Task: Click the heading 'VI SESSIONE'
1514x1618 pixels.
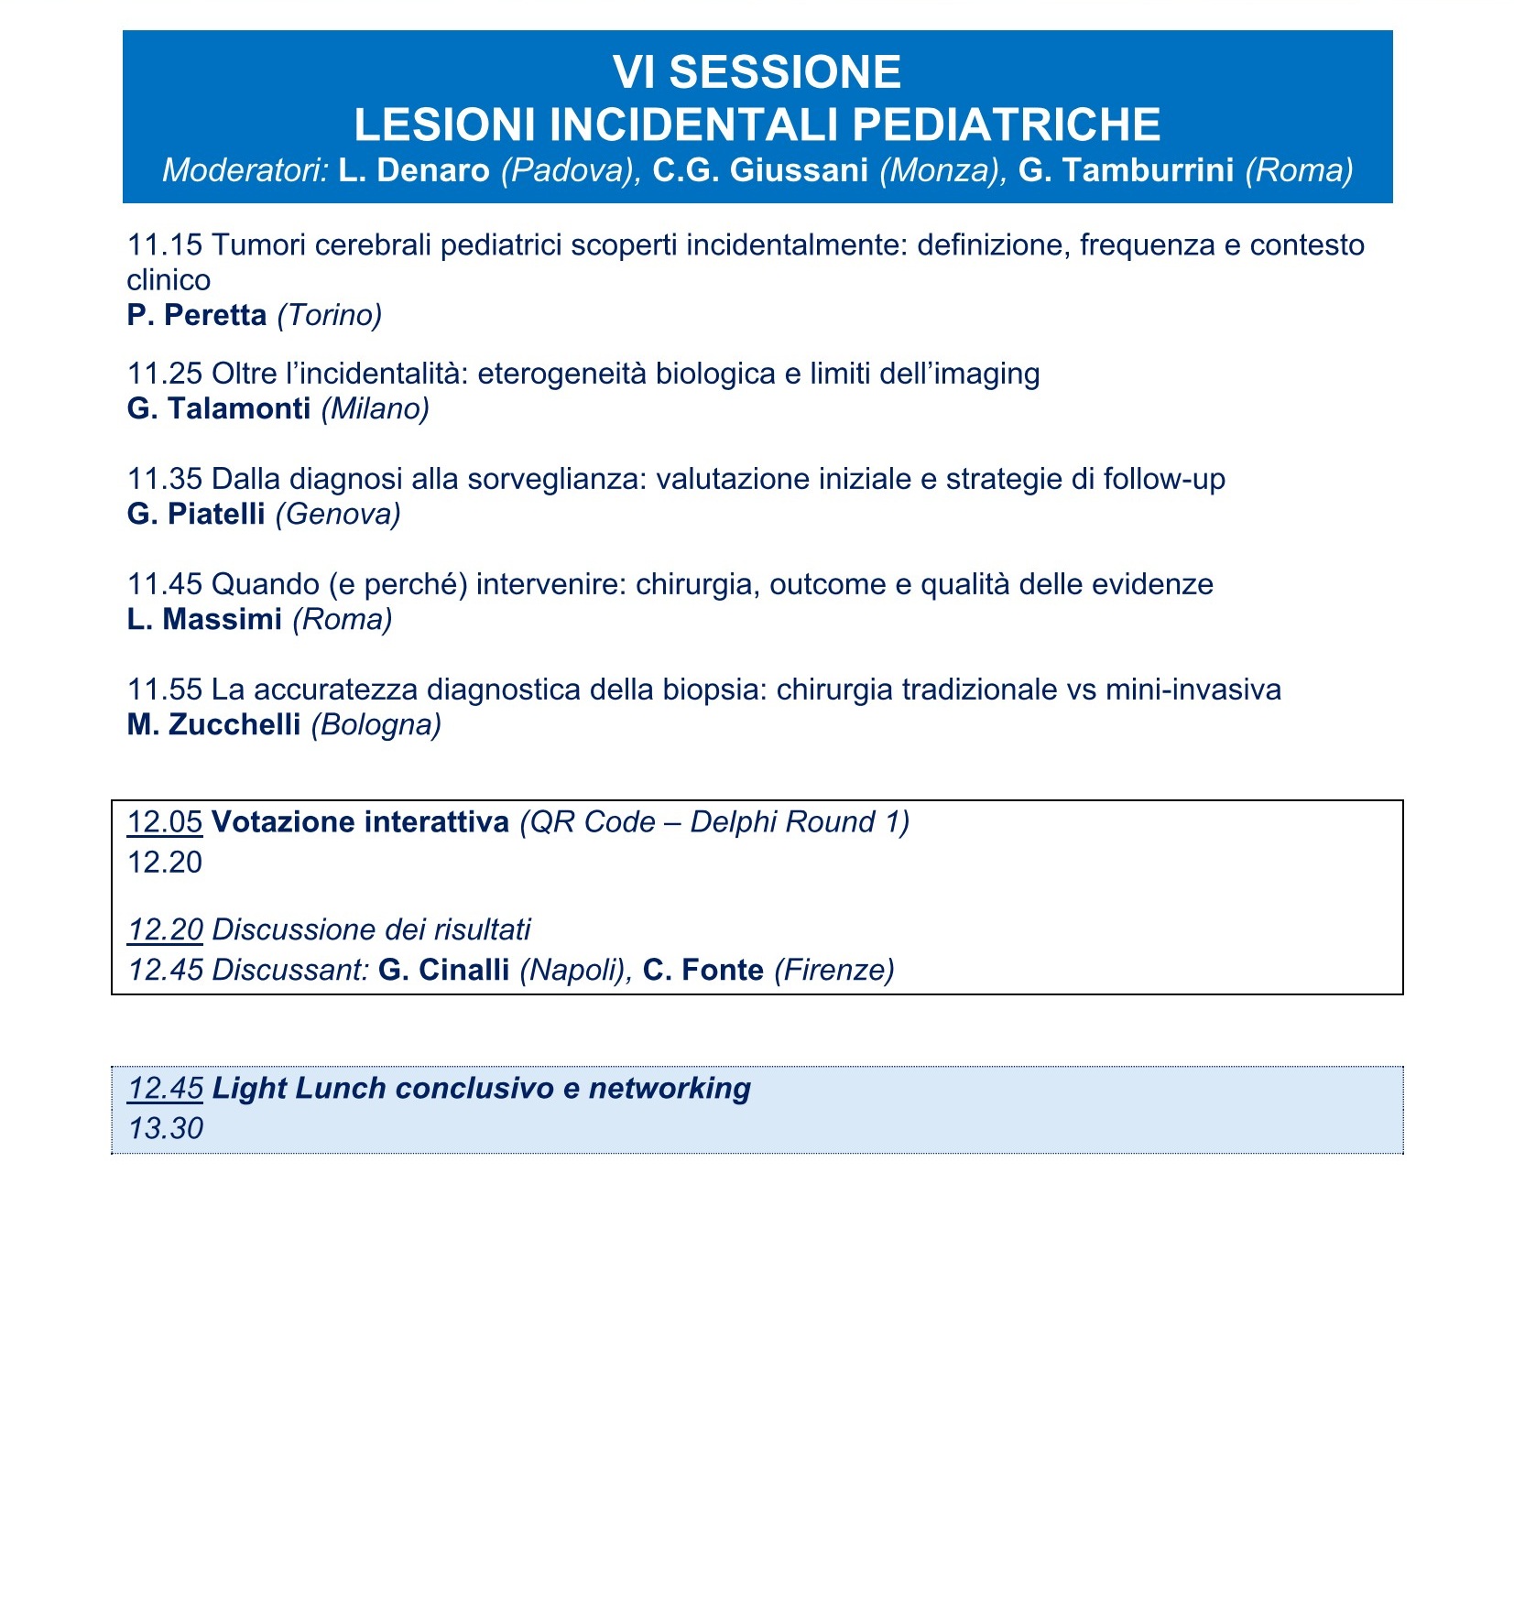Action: pos(757,72)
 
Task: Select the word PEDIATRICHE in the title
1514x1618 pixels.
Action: pos(1006,125)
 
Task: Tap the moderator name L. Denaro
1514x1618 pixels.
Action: pos(414,170)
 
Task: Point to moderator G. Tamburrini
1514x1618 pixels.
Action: pos(1126,170)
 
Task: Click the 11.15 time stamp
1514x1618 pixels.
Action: pos(164,245)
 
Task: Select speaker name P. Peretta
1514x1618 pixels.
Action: pos(197,315)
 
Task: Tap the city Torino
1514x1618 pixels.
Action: pos(330,315)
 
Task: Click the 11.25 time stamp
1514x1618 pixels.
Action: pos(164,374)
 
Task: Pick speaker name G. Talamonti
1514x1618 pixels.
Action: pos(219,408)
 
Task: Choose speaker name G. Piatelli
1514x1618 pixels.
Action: pos(196,514)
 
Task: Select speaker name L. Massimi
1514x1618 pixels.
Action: pos(204,619)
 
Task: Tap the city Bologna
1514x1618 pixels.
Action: pos(376,724)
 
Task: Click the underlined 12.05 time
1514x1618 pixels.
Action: pos(164,822)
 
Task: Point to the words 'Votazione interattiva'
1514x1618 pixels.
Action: pos(360,822)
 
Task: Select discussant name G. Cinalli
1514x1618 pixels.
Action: pos(443,970)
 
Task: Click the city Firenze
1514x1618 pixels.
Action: pos(833,970)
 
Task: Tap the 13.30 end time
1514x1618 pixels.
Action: pos(165,1128)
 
